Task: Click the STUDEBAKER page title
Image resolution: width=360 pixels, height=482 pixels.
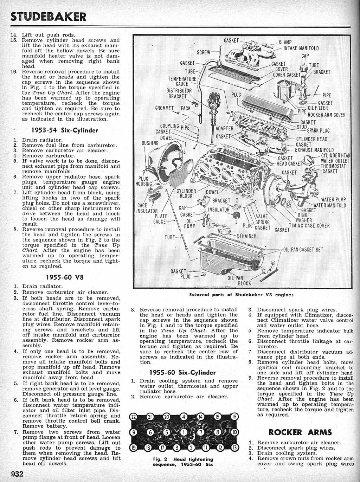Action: point(48,17)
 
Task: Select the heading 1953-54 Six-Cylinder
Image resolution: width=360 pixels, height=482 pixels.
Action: point(65,130)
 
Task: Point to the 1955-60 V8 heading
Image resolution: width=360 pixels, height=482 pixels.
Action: point(65,277)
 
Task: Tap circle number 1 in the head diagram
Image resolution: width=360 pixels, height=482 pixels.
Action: point(184,432)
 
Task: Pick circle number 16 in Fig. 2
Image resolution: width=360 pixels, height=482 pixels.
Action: point(234,417)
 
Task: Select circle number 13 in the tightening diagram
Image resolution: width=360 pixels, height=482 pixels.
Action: point(234,447)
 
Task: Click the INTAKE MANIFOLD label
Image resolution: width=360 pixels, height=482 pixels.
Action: point(301,48)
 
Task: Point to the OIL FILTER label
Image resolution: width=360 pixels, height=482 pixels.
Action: point(318,108)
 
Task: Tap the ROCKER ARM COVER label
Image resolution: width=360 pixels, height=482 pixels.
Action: point(326,115)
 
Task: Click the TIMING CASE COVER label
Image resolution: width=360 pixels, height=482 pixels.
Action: point(309,226)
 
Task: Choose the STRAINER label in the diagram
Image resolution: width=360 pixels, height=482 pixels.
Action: point(246,236)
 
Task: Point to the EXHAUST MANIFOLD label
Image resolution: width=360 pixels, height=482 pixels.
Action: point(314,150)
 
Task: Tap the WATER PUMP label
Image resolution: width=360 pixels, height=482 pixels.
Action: point(333,200)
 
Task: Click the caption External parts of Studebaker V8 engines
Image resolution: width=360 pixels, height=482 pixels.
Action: point(241,295)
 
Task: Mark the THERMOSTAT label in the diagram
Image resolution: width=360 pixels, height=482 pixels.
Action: point(333,166)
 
